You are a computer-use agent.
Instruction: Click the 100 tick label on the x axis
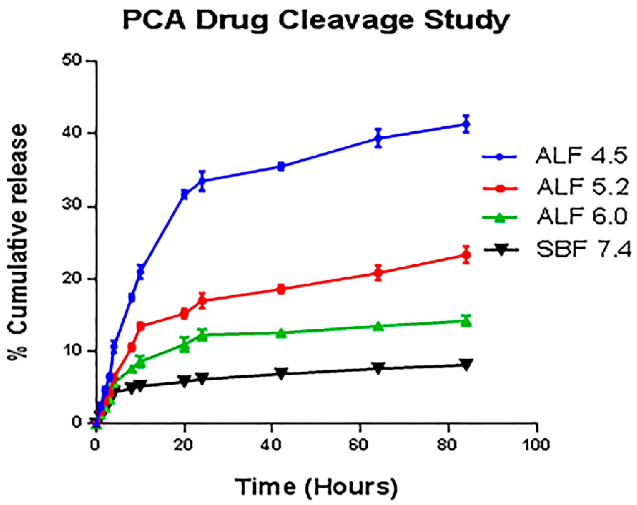click(536, 444)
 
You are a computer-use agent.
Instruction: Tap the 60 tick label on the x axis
click(360, 444)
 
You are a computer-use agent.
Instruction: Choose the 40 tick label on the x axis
click(272, 444)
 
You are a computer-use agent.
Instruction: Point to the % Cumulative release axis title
click(18, 241)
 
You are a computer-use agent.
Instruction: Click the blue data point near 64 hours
click(379, 138)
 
